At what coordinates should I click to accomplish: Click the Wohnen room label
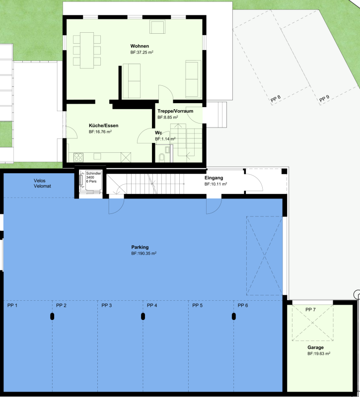point(140,46)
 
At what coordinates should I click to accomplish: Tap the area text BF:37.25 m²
point(142,53)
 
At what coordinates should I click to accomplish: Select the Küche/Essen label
point(104,126)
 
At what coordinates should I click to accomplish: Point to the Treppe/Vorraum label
point(175,111)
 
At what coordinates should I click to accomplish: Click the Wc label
point(158,132)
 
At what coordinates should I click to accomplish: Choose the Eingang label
point(214,178)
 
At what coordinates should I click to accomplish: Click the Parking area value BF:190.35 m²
point(144,254)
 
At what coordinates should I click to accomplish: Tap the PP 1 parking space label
point(12,306)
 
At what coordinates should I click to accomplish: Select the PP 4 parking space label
point(152,306)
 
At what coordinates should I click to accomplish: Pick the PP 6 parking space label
point(243,306)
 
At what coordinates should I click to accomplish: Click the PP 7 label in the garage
point(310,310)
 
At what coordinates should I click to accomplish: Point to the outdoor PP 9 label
point(324,98)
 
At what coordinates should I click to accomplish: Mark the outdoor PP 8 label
point(276,98)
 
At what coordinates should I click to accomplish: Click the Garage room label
point(315,347)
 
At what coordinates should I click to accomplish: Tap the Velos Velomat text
point(42,183)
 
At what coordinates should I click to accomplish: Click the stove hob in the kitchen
point(78,157)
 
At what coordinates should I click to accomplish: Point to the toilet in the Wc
point(162,157)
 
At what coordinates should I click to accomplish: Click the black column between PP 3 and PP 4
point(143,317)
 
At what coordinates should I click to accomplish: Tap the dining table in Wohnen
point(87,51)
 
